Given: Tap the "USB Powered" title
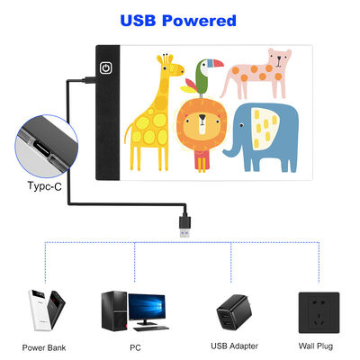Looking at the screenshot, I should [179, 20].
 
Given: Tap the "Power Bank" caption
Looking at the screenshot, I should [44, 346].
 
